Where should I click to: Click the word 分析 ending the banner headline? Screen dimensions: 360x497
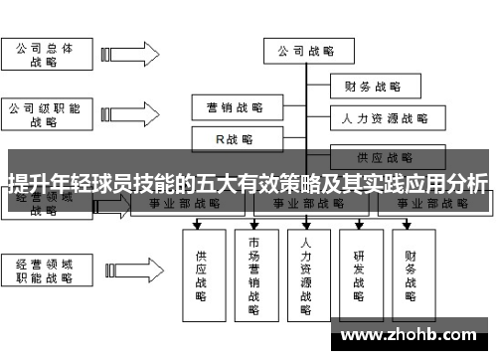click(x=467, y=184)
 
